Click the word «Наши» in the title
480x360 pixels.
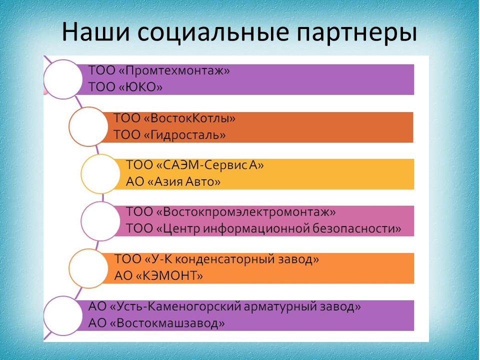pos(96,32)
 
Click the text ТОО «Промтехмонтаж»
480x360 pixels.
pos(159,71)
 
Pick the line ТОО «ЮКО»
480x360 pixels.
pos(125,87)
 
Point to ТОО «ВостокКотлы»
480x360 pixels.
pos(174,118)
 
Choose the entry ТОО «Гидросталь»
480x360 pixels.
pos(169,135)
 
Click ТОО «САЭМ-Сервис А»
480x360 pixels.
pos(194,165)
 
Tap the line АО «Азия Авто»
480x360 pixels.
pos(173,182)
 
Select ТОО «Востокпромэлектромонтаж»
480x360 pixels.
pos(231,212)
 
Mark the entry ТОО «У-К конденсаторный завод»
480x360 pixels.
pos(216,259)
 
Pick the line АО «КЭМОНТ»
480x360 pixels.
pos(158,276)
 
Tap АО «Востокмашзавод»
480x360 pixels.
pos(156,323)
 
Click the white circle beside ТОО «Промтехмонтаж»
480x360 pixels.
pos(63,79)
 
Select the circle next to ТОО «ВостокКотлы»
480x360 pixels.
pos(88,126)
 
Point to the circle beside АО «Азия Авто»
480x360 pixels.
pos(100,174)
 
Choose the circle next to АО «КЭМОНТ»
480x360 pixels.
pos(88,268)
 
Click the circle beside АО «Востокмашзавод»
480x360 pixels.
pos(63,315)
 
